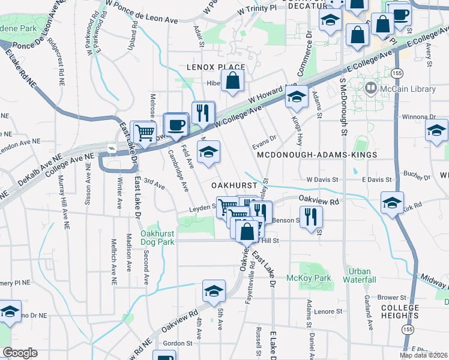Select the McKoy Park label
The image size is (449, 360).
click(318, 278)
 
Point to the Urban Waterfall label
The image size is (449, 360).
click(360, 275)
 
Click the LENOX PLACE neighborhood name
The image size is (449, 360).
click(215, 67)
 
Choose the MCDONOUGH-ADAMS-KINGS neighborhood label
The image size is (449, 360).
click(316, 155)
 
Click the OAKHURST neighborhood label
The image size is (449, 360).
click(234, 186)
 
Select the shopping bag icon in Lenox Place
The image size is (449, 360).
click(232, 81)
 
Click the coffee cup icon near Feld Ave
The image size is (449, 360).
click(176, 124)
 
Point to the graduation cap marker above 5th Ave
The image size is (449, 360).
click(213, 291)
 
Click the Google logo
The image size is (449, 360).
click(20, 352)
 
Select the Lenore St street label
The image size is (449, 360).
click(328, 311)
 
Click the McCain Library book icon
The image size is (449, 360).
click(371, 89)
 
